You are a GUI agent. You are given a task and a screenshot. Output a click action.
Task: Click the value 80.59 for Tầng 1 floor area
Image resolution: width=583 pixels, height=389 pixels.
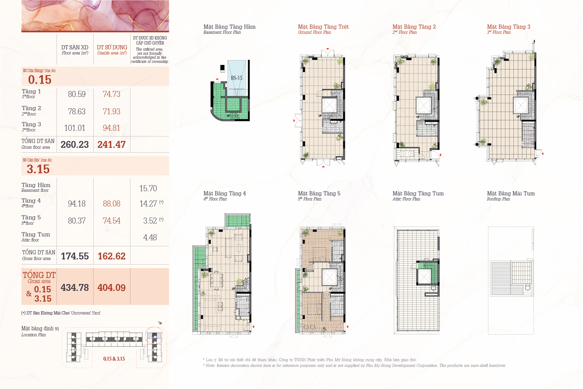[77, 94]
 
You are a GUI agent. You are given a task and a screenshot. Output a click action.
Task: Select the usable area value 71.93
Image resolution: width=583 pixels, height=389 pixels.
[112, 112]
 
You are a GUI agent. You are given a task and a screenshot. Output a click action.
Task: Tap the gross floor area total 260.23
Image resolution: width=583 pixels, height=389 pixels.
[75, 145]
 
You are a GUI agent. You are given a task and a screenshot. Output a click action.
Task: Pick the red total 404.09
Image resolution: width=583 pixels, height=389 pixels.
[112, 288]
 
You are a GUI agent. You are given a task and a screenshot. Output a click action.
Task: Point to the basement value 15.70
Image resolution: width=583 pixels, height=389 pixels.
[148, 188]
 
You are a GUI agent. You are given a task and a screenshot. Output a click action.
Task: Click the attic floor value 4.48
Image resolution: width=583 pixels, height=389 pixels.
[150, 238]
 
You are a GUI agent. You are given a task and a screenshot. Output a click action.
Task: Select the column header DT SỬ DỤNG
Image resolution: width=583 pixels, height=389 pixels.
[112, 47]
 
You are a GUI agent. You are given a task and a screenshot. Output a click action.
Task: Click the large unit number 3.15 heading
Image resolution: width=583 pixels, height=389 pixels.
[38, 169]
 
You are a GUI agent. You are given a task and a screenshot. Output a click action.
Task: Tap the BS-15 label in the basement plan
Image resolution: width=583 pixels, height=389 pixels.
[236, 78]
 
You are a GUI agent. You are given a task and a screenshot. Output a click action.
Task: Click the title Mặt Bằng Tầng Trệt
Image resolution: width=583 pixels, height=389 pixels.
[323, 27]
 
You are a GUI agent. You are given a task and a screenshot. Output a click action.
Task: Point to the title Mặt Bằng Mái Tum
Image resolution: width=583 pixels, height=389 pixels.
[511, 193]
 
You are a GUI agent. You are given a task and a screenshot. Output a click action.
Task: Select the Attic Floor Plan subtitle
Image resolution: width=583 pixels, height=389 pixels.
[406, 199]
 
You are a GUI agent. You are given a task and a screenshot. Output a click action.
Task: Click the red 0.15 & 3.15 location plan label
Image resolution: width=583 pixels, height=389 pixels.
[114, 359]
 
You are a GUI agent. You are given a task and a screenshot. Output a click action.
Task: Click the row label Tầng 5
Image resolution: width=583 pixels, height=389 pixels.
[31, 218]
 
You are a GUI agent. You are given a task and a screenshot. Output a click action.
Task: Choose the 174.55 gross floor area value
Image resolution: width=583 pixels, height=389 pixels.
[75, 256]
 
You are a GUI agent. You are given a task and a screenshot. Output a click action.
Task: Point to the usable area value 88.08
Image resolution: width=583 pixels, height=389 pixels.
[112, 204]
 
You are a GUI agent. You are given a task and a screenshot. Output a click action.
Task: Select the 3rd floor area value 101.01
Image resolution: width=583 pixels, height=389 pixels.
[75, 128]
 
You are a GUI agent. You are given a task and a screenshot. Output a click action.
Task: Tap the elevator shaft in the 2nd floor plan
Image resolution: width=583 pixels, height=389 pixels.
[424, 105]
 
